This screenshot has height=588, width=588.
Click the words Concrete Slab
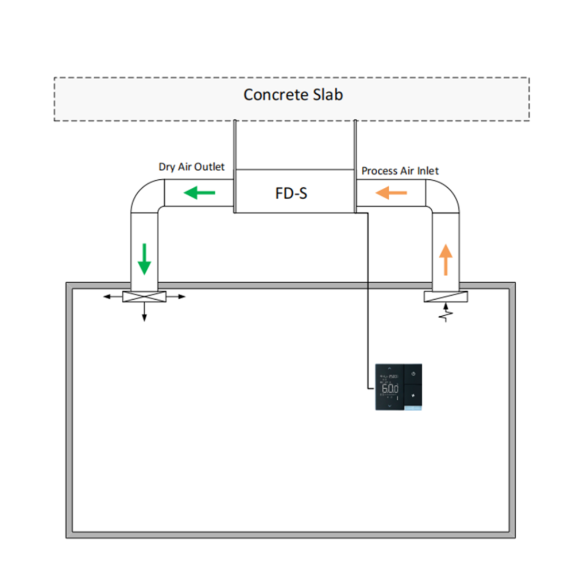coord(293,95)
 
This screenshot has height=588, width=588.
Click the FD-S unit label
coord(291,194)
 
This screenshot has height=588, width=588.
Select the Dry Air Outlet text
coord(192,167)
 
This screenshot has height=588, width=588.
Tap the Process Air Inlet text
coord(400,171)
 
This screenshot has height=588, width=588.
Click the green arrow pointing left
coord(199,193)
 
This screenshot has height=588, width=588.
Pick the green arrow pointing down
coord(144,259)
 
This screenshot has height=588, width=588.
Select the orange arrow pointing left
coord(391,194)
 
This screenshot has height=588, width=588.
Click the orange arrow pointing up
coord(446,259)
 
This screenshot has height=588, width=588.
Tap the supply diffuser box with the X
coord(144,296)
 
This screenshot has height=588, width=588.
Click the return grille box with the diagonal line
coord(446,296)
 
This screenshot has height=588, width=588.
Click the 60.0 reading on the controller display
coord(390,389)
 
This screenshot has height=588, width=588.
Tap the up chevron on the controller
coord(390,367)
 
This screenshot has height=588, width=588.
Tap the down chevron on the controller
coord(390,405)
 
